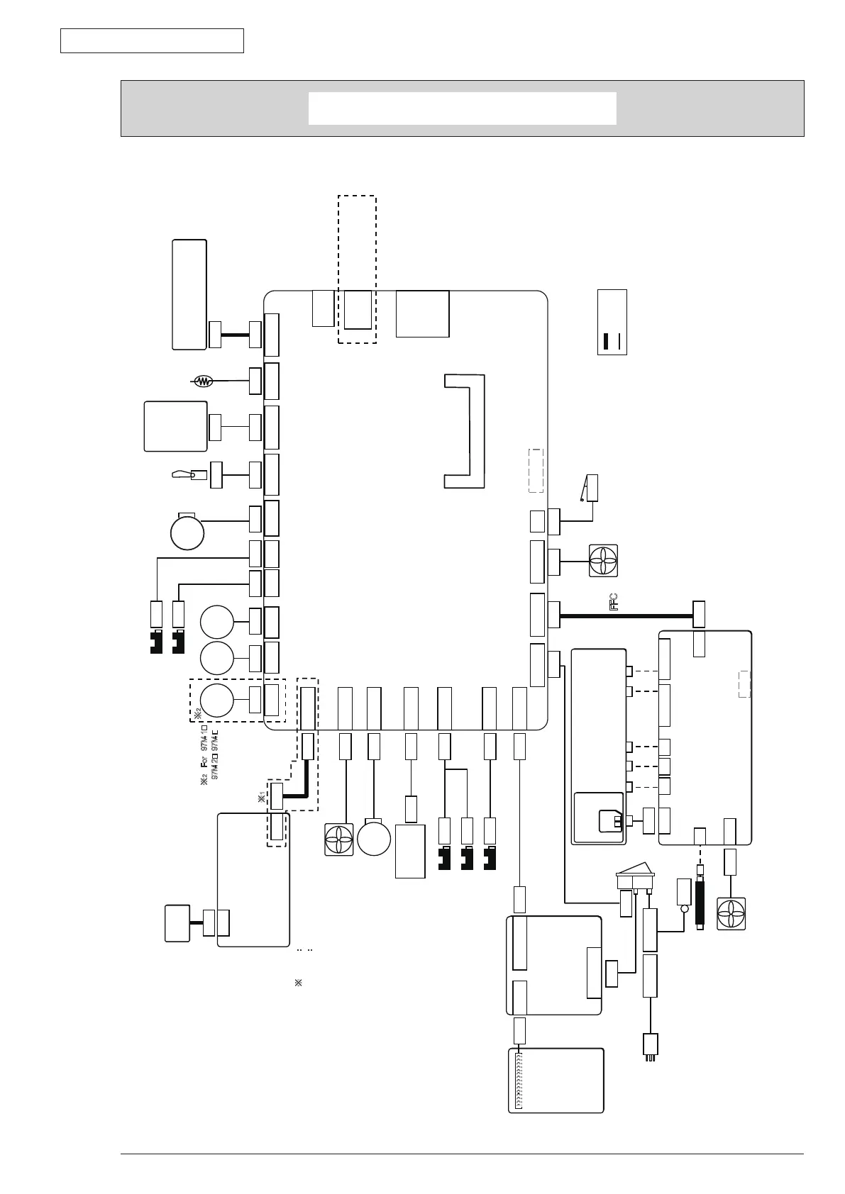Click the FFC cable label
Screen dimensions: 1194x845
click(614, 602)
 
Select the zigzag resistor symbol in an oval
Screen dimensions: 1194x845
click(204, 381)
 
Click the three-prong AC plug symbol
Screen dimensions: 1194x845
click(649, 1047)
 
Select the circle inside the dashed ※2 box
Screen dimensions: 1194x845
click(216, 700)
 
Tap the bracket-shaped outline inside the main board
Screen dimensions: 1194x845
click(465, 431)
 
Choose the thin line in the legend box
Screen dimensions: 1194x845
click(620, 341)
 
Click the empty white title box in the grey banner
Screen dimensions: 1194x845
click(462, 108)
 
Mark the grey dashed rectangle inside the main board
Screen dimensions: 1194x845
click(536, 470)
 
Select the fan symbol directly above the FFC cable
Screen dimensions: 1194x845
click(603, 559)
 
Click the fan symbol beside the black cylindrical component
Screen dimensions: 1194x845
click(731, 914)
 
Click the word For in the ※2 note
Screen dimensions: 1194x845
click(204, 766)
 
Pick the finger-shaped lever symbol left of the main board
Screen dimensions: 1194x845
click(183, 474)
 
